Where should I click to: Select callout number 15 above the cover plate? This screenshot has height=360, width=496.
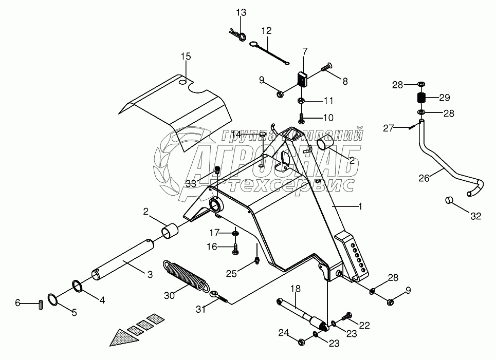point(186,56)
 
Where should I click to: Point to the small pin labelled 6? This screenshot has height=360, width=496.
point(41,305)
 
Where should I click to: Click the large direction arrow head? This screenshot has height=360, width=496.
point(124,336)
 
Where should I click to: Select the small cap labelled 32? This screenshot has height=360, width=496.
point(450,201)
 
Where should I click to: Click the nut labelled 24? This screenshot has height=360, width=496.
point(301,342)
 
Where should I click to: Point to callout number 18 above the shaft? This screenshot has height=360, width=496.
point(295,289)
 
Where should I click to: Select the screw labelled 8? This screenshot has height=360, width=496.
point(328,67)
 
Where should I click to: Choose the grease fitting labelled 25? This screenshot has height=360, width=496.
point(257,260)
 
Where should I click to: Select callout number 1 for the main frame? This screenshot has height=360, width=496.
point(360,206)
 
